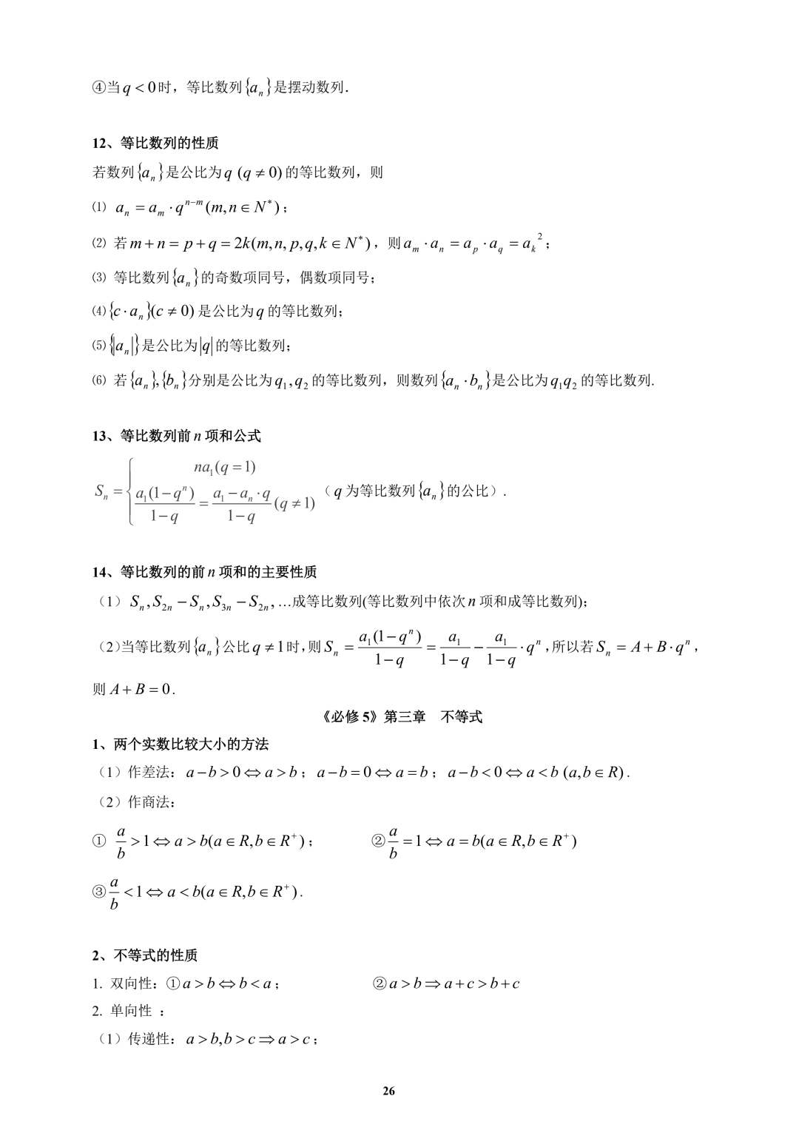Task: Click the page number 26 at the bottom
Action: coord(389,1091)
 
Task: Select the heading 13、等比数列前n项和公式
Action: coord(177,436)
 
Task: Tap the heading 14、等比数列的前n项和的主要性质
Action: coord(204,572)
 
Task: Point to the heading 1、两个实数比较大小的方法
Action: coord(180,744)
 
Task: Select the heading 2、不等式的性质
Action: coord(145,955)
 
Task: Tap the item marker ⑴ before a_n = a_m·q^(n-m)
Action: coord(100,208)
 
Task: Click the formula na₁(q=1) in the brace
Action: coord(225,467)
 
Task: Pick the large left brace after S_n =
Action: coord(131,491)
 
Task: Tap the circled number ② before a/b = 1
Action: coord(378,841)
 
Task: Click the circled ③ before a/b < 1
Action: coord(99,892)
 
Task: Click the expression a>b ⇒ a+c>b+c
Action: coord(454,983)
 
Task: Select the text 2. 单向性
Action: coord(122,1011)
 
